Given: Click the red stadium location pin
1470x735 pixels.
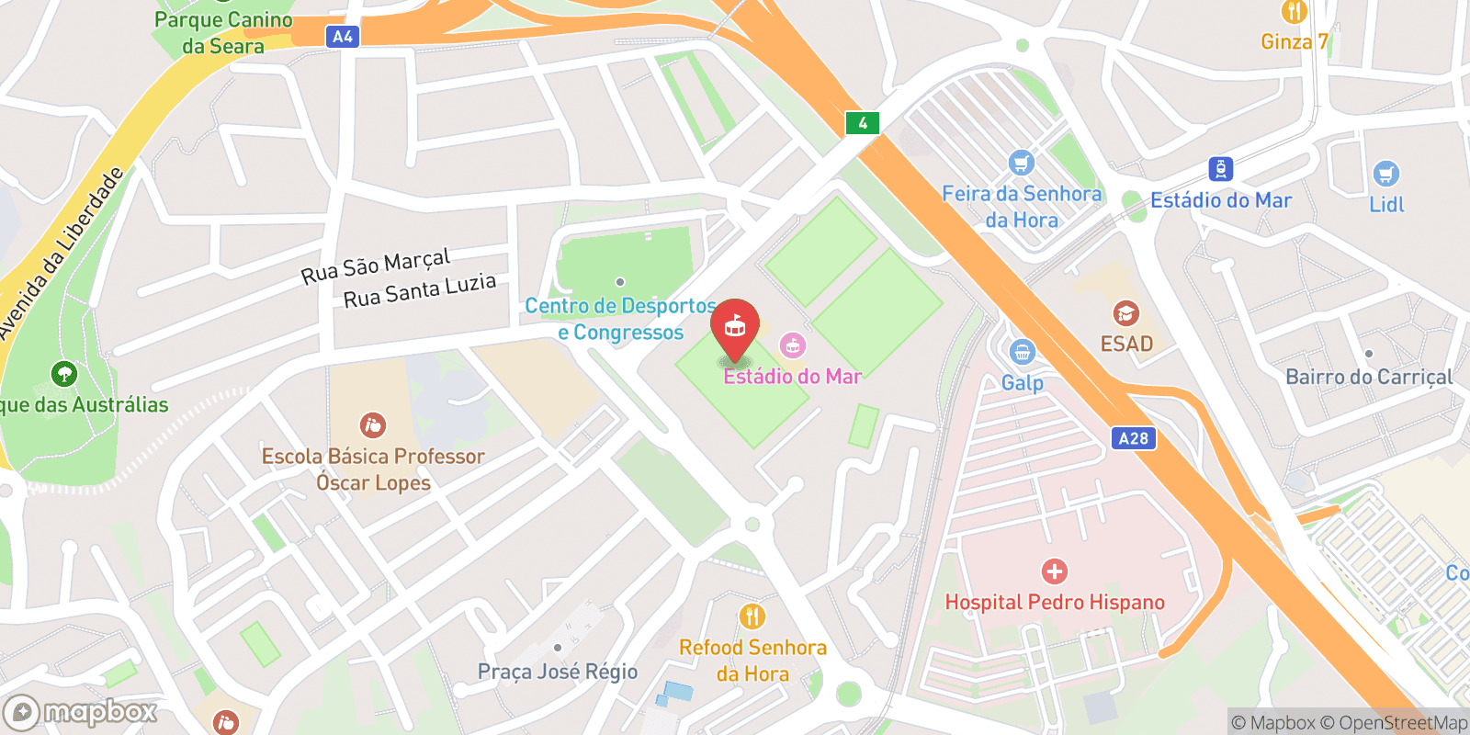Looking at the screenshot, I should pyautogui.click(x=735, y=327).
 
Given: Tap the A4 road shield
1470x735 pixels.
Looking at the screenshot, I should pyautogui.click(x=342, y=37).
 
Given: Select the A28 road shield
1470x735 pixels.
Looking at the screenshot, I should pyautogui.click(x=1133, y=438).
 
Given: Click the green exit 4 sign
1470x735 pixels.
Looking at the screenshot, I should pyautogui.click(x=863, y=123).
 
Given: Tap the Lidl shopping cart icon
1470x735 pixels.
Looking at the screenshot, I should pyautogui.click(x=1385, y=174).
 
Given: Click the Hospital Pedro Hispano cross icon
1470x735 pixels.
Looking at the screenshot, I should pyautogui.click(x=1055, y=571).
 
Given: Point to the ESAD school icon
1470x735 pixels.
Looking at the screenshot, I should pyautogui.click(x=1126, y=314).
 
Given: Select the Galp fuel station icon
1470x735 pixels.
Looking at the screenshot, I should pyautogui.click(x=1022, y=352).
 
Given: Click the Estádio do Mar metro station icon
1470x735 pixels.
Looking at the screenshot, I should pyautogui.click(x=1220, y=169).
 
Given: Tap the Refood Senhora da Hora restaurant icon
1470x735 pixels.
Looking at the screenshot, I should pyautogui.click(x=752, y=616).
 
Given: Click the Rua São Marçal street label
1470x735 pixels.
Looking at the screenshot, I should pyautogui.click(x=376, y=266).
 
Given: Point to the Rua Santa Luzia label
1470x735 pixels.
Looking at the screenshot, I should pyautogui.click(x=420, y=291).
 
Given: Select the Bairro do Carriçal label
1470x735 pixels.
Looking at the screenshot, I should pyautogui.click(x=1369, y=377).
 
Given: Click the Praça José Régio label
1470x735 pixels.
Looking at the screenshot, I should pyautogui.click(x=558, y=672).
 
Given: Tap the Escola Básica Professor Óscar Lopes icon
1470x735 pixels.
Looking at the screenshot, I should pyautogui.click(x=373, y=425).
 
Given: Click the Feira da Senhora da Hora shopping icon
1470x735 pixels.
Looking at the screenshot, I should pyautogui.click(x=1022, y=164).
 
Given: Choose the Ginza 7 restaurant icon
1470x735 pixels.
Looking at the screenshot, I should pyautogui.click(x=1295, y=12).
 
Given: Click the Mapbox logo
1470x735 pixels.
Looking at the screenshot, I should pyautogui.click(x=81, y=712).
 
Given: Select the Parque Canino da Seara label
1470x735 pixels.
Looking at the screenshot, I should pyautogui.click(x=223, y=33).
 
